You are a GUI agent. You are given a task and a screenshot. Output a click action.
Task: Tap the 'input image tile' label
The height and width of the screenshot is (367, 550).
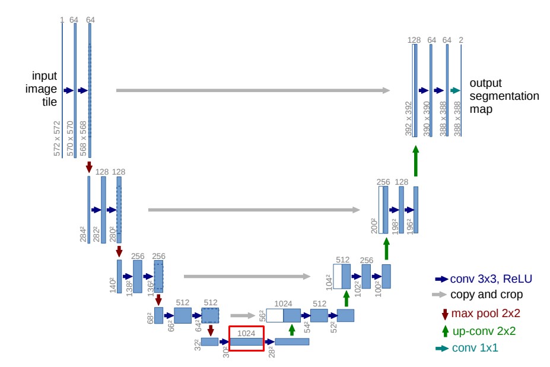click(x=41, y=88)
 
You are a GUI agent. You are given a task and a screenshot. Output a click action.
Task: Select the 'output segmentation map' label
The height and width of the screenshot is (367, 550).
click(x=504, y=96)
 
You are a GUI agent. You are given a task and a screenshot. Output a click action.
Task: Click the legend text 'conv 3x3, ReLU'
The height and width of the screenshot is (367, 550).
click(x=491, y=279)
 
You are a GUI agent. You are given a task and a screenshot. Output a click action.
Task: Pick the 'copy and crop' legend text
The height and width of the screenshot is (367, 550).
click(x=487, y=295)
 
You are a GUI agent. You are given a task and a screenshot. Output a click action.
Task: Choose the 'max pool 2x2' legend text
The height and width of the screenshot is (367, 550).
click(x=485, y=313)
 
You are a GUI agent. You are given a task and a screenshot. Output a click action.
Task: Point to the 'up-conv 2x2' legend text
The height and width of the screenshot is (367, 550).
click(x=484, y=331)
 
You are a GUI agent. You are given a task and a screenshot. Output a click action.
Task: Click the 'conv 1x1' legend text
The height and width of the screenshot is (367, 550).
click(x=475, y=347)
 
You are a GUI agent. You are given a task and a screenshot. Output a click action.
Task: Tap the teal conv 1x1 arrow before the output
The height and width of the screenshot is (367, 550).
click(x=455, y=91)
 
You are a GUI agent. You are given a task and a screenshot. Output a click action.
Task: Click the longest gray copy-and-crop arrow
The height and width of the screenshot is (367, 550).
click(x=253, y=90)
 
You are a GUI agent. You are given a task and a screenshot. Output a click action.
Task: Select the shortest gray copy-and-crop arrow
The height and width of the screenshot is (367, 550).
click(x=243, y=316)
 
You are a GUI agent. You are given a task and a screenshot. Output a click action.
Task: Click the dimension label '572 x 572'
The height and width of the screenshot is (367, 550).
click(x=57, y=138)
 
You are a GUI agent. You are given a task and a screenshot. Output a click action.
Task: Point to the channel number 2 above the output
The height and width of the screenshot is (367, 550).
click(x=461, y=40)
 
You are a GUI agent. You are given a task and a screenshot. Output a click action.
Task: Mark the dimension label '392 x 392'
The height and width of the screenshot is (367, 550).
click(x=408, y=119)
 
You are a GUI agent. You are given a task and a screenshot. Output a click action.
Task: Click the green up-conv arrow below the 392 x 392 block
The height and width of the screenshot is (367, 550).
click(x=416, y=161)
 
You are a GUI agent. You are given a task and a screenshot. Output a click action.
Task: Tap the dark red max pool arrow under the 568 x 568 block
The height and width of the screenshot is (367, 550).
click(x=89, y=167)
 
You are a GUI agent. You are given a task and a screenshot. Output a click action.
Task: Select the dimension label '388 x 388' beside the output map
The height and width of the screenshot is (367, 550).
click(x=457, y=119)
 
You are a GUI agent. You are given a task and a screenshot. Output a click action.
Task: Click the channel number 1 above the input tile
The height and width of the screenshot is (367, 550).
click(x=62, y=20)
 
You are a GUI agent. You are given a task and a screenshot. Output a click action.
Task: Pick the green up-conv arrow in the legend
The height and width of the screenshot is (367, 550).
click(x=445, y=331)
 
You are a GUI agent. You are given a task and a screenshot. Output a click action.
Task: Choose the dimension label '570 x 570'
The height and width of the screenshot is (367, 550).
click(x=70, y=138)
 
